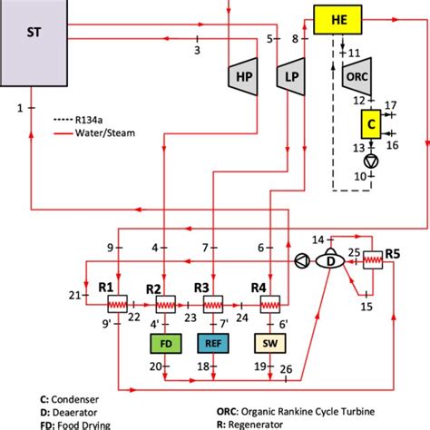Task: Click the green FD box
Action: pyautogui.click(x=164, y=344)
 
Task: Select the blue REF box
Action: pyautogui.click(x=214, y=344)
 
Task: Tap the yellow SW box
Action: pyautogui.click(x=269, y=344)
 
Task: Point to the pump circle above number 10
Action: pyautogui.click(x=370, y=161)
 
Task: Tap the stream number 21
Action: pyautogui.click(x=73, y=296)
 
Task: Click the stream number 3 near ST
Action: pyautogui.click(x=197, y=51)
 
